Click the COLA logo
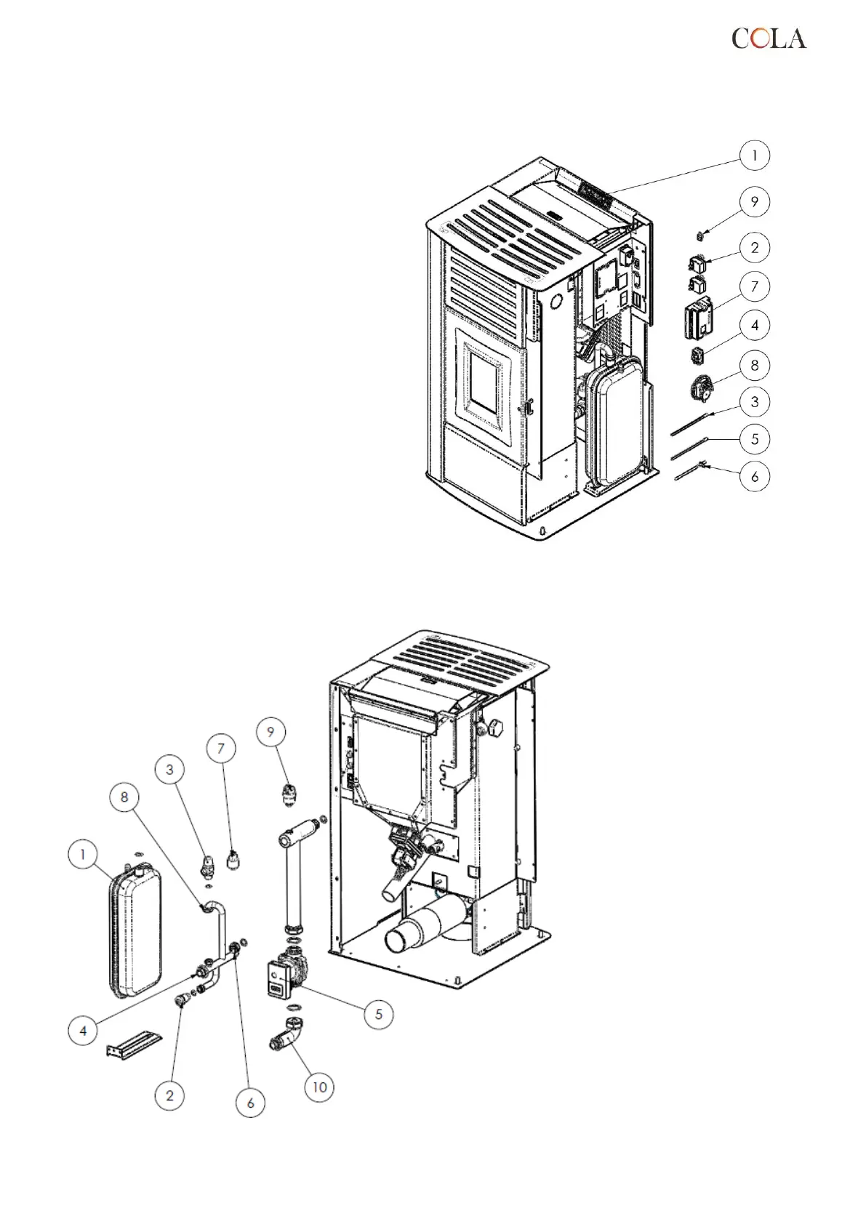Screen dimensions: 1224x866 tap(769, 38)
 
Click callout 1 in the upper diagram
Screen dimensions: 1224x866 tap(754, 155)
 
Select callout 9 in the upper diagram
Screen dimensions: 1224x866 tap(754, 201)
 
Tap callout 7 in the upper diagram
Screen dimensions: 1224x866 tap(754, 286)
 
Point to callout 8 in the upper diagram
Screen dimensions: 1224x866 tap(754, 365)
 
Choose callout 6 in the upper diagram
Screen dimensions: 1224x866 tap(754, 477)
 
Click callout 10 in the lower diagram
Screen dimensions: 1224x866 tap(319, 1087)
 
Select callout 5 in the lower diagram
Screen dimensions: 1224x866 tap(378, 1014)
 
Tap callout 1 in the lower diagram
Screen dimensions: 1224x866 tap(83, 854)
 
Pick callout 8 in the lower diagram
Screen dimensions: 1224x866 tap(124, 797)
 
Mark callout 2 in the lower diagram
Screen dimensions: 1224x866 tap(170, 1095)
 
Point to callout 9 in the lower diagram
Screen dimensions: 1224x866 tap(271, 731)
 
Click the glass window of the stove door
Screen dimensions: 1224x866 tap(484, 383)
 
